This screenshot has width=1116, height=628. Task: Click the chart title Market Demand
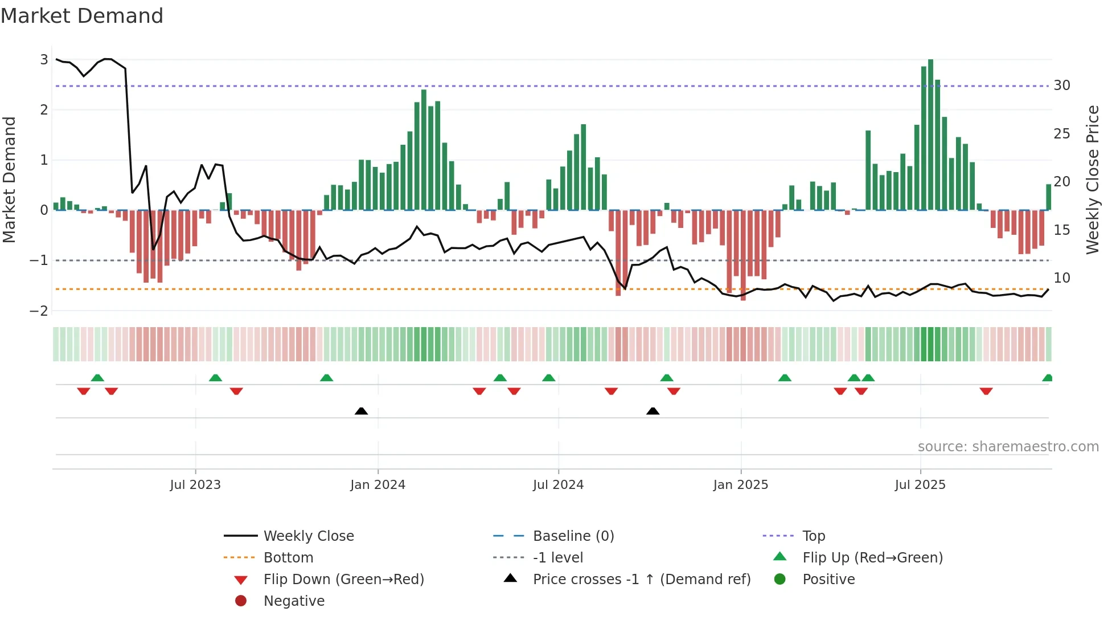82,15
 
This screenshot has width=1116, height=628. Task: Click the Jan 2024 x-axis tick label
378,485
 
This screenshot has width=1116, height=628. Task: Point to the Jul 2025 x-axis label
920,485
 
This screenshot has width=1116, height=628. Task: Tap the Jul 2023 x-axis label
195,485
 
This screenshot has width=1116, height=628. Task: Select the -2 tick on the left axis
39,311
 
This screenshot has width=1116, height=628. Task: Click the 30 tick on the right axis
1062,85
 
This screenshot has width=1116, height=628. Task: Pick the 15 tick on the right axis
1062,230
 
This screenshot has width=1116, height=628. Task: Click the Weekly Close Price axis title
1092,180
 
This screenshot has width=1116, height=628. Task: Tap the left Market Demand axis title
10,180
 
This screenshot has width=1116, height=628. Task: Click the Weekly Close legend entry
308,536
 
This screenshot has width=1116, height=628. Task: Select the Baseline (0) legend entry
573,536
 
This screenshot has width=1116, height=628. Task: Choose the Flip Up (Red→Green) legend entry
872,558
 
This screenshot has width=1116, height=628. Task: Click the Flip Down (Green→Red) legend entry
343,580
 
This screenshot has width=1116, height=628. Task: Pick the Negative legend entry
294,601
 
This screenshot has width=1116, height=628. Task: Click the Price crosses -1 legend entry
641,580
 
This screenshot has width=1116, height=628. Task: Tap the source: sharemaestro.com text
1008,447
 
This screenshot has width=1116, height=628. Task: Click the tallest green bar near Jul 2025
930,134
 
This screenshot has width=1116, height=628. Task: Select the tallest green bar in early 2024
424,149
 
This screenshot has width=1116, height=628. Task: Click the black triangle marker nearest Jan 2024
361,411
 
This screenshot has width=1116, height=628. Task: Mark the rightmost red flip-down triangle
986,392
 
